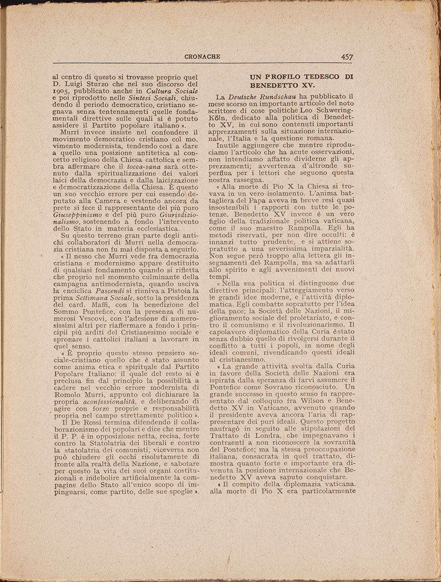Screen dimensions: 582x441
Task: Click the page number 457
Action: point(347,57)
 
